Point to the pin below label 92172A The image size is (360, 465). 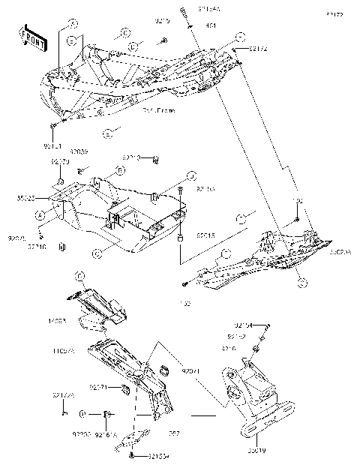[65, 411]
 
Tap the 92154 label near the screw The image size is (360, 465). [243, 325]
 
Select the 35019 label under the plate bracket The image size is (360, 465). [255, 453]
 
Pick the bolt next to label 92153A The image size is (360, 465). [132, 455]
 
